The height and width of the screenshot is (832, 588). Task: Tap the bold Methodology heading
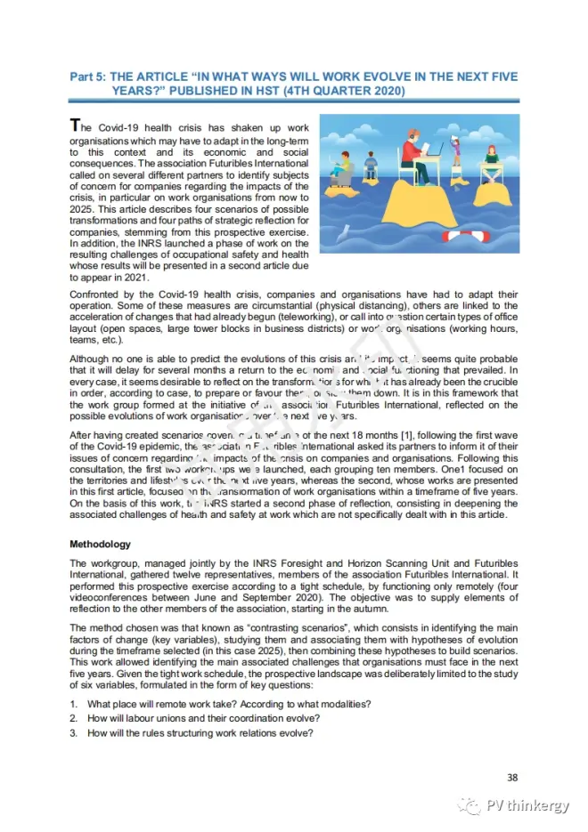click(x=100, y=543)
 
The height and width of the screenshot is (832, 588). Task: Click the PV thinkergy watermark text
click(x=527, y=806)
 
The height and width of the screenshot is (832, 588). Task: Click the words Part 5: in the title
click(x=89, y=77)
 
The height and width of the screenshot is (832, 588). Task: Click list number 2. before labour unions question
click(x=74, y=718)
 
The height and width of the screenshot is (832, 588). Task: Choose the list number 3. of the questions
click(x=74, y=732)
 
